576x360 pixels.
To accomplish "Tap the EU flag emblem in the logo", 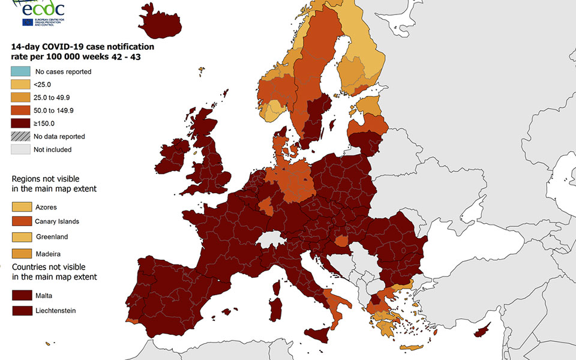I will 28,23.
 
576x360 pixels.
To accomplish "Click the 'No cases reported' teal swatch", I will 20,72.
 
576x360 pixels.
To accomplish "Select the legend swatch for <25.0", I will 20,85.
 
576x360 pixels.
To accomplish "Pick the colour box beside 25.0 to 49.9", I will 20,98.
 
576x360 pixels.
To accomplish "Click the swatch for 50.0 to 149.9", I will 20,110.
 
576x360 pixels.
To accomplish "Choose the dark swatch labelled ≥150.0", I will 20,124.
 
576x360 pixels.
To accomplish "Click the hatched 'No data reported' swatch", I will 20,137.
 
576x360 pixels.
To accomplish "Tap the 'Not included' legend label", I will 52,149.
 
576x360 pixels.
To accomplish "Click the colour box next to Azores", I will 20,207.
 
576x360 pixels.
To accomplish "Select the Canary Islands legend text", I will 57,221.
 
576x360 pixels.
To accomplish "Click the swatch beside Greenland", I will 20,236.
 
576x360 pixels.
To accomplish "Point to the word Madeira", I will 48,254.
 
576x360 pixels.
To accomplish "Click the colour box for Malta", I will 20,295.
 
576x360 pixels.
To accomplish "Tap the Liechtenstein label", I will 55,310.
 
